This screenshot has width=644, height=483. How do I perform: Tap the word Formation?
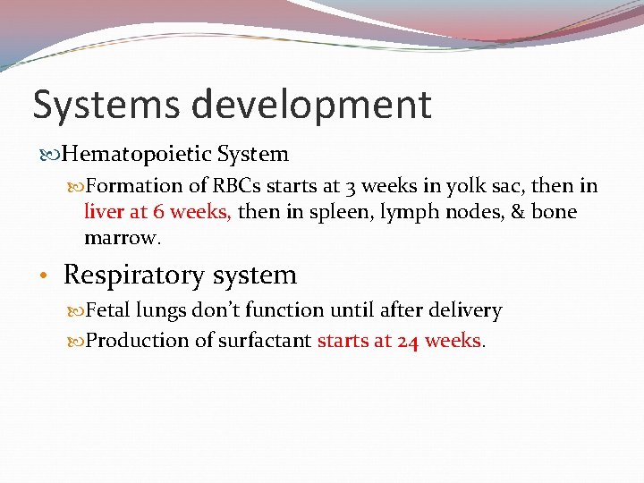pyautogui.click(x=133, y=186)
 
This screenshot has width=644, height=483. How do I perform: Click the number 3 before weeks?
pyautogui.click(x=350, y=186)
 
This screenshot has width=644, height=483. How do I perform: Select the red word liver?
pyautogui.click(x=105, y=212)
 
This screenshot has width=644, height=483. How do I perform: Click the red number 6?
pyautogui.click(x=157, y=212)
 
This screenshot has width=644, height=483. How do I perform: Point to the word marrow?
pyautogui.click(x=121, y=238)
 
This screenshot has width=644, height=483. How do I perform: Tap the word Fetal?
pyautogui.click(x=109, y=310)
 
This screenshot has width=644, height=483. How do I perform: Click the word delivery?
pyautogui.click(x=465, y=310)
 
